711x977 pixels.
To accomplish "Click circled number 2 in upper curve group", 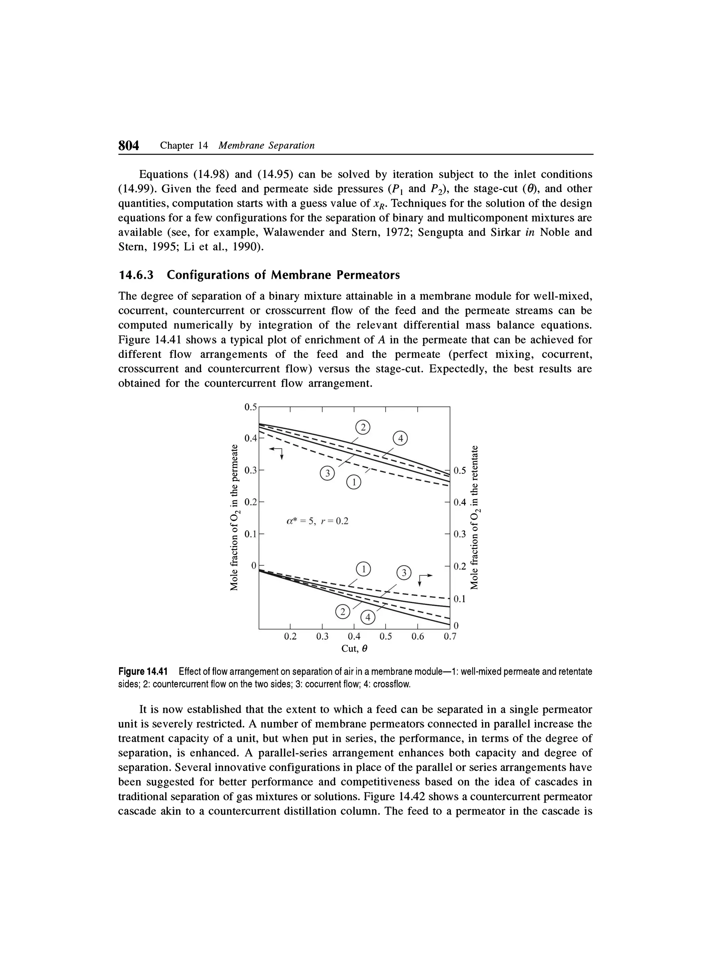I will coord(363,428).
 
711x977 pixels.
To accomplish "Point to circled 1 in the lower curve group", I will coord(363,569).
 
